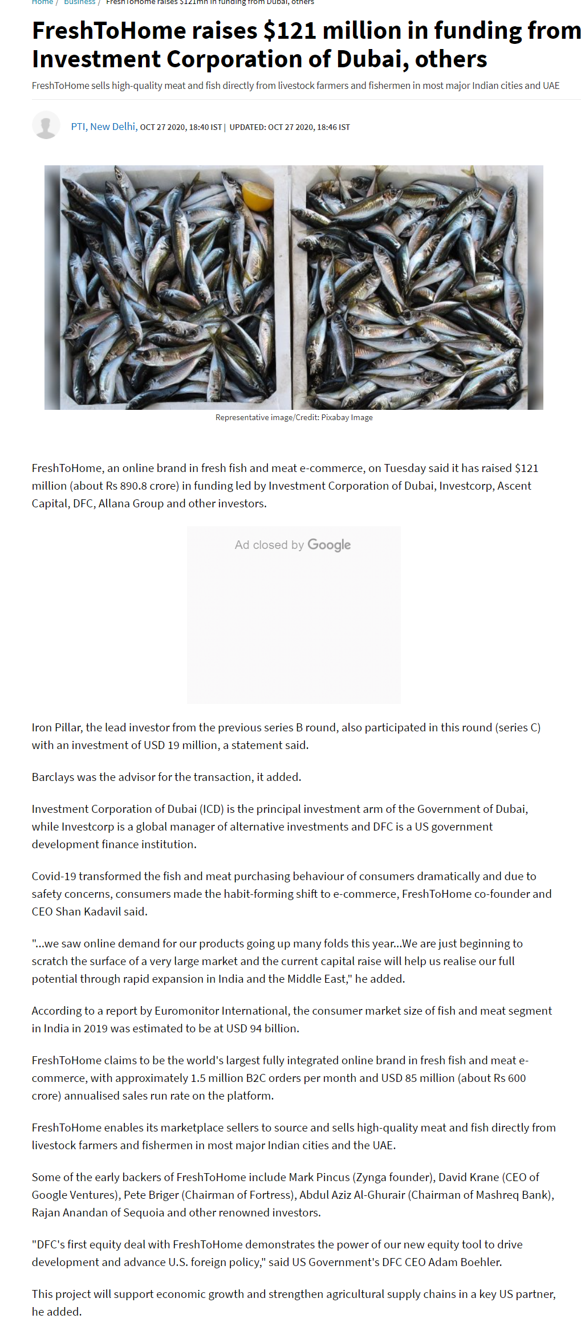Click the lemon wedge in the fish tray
pos(258,196)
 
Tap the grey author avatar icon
pos(46,125)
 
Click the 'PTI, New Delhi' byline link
pos(103,127)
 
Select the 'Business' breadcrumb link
pos(79,2)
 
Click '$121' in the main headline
pos(290,31)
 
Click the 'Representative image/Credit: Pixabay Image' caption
pos(294,417)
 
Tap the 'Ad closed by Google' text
pos(293,545)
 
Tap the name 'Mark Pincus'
pos(319,1177)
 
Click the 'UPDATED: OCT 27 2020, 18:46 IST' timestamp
pos(290,127)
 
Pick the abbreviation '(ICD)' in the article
pos(211,809)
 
